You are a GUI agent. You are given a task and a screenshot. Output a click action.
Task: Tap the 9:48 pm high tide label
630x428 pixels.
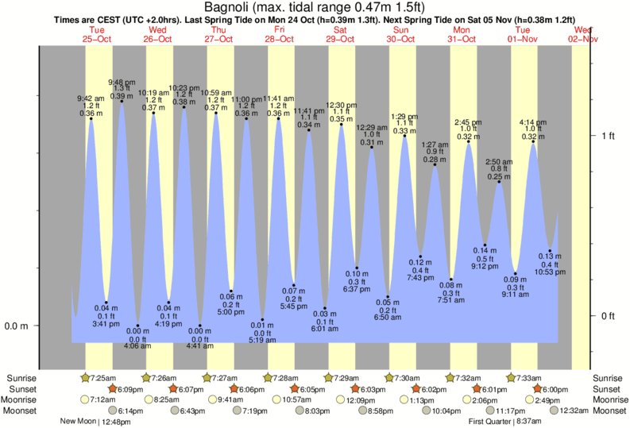pyautogui.click(x=122, y=82)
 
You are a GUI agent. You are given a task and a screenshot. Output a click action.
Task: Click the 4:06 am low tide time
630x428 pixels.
pyautogui.click(x=137, y=346)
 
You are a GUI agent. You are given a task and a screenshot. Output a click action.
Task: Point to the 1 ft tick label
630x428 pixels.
pyautogui.click(x=608, y=136)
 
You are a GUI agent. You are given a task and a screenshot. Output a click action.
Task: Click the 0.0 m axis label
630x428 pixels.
pyautogui.click(x=17, y=326)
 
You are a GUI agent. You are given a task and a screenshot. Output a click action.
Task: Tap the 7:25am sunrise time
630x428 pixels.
pyautogui.click(x=105, y=377)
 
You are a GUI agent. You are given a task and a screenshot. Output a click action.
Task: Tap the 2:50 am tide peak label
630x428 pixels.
pyautogui.click(x=499, y=161)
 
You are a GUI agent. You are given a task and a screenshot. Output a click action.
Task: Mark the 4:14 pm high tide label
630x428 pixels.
pyautogui.click(x=533, y=122)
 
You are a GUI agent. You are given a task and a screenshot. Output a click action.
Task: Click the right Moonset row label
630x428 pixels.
pyautogui.click(x=609, y=411)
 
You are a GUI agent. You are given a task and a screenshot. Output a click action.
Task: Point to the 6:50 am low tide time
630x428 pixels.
pyautogui.click(x=388, y=318)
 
